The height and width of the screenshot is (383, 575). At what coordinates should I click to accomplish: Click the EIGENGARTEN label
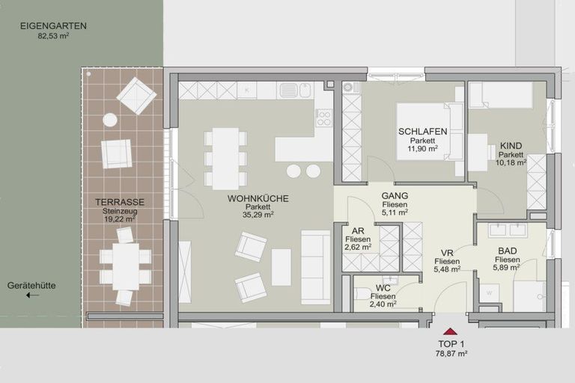pos(53,25)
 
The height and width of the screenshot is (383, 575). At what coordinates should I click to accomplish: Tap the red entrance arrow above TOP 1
pos(450,331)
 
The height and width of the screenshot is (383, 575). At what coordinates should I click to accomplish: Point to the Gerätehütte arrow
pos(32,295)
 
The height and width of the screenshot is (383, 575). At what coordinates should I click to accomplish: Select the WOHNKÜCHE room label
pos(258,198)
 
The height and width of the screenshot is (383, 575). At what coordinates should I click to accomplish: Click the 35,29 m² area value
pos(258,215)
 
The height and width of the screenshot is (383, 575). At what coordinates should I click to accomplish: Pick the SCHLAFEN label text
pos(422,132)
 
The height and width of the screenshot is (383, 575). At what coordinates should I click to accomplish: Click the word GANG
pos(394,195)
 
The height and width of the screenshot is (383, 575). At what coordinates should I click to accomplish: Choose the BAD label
pos(506,252)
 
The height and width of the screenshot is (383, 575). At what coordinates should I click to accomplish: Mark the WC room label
pos(383,288)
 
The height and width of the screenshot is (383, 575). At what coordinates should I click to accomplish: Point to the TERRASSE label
pos(120,202)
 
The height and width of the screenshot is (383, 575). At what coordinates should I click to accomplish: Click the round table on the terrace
pos(110,120)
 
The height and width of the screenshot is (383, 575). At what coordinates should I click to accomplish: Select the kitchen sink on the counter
pos(289,91)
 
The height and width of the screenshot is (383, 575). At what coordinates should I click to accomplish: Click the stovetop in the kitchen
pos(323,117)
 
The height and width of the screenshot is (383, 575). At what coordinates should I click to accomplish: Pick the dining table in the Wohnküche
pos(225,158)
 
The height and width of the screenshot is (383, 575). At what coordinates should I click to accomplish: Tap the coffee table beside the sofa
pos(281,267)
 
